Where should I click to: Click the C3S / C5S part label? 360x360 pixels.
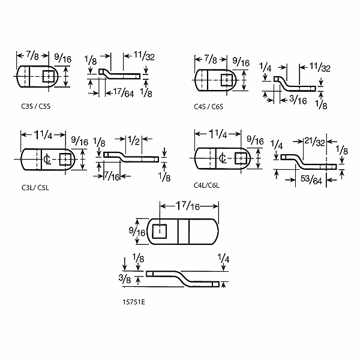pyautogui.click(x=35, y=106)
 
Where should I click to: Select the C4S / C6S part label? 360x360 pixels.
pyautogui.click(x=208, y=107)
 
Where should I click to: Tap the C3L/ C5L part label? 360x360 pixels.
pyautogui.click(x=35, y=188)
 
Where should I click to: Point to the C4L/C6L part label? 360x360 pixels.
pyautogui.click(x=206, y=185)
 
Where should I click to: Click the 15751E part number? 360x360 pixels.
pyautogui.click(x=134, y=302)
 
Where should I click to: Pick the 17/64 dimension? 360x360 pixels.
pyautogui.click(x=124, y=92)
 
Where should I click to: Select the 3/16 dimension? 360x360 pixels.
pyautogui.click(x=298, y=100)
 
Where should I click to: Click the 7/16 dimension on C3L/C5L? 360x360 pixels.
pyautogui.click(x=112, y=176)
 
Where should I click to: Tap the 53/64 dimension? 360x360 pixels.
pyautogui.click(x=311, y=179)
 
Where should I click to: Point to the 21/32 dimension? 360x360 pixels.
pyautogui.click(x=315, y=141)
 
